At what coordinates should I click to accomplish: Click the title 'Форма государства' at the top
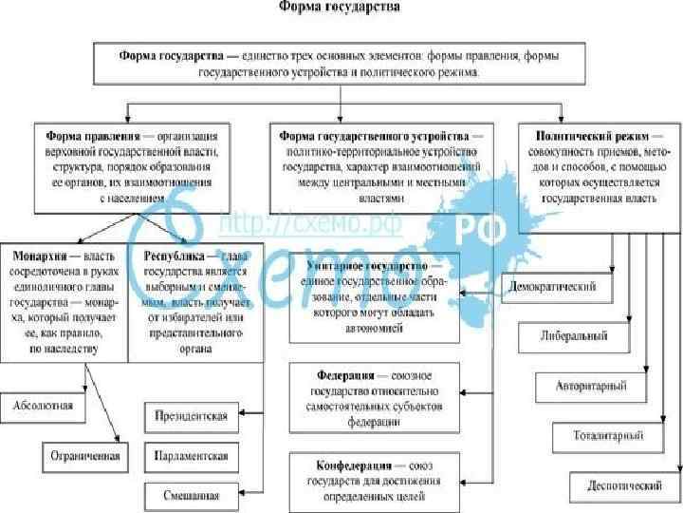tap(339, 8)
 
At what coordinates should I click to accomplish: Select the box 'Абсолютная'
tap(43, 406)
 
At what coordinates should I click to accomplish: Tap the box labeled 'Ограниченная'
tap(85, 456)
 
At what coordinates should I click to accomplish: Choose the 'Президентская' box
tap(190, 417)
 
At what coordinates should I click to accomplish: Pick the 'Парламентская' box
tap(190, 456)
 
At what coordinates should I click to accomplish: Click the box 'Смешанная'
tap(190, 495)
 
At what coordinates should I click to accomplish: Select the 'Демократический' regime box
tap(553, 287)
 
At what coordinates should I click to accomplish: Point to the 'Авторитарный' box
tap(599, 387)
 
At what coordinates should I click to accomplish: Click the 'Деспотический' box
tap(623, 485)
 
